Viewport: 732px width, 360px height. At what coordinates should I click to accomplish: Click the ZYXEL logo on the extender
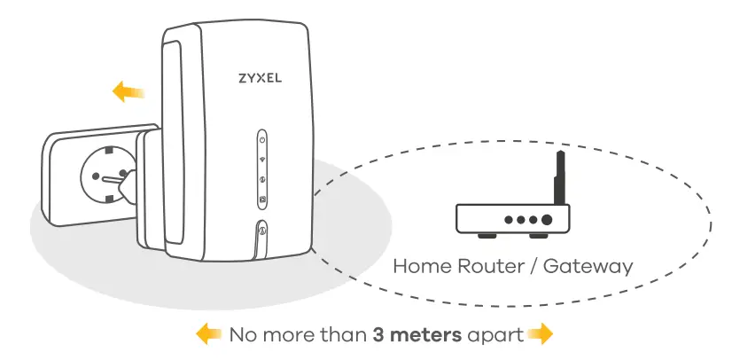click(x=260, y=77)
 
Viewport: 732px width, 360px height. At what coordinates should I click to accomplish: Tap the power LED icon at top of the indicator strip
click(x=262, y=140)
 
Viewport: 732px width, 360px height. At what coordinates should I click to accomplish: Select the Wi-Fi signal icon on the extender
click(x=262, y=160)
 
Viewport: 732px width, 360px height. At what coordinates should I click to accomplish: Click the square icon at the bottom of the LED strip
click(x=262, y=197)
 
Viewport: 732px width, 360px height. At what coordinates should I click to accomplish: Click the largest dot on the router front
click(x=548, y=219)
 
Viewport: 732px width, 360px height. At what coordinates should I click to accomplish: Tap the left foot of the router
click(x=485, y=237)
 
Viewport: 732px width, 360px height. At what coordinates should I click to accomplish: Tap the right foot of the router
click(x=538, y=237)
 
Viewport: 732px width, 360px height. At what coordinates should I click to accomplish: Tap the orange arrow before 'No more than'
click(x=208, y=334)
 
